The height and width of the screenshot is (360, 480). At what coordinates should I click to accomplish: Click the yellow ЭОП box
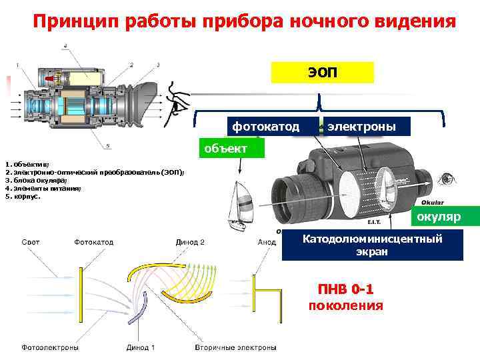[x=323, y=72]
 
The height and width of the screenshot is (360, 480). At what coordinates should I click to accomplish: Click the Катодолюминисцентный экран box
[x=373, y=245]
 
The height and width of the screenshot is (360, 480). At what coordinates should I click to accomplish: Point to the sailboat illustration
[x=240, y=203]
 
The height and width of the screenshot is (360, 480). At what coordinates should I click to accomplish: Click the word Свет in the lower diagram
[x=31, y=243]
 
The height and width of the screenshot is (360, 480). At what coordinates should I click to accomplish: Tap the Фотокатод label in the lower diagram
[x=94, y=243]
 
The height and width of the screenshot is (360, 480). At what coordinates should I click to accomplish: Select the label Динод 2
[x=190, y=243]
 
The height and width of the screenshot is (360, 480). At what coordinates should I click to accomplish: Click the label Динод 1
[x=141, y=347]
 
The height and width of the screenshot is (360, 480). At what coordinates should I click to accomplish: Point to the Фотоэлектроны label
[x=51, y=347]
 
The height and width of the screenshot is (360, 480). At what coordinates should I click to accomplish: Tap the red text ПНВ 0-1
[x=345, y=289]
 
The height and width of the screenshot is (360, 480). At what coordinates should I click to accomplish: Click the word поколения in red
[x=345, y=305]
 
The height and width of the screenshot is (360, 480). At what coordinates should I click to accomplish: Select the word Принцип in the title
[x=70, y=21]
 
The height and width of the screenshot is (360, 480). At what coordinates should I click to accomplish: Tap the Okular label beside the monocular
[x=433, y=202]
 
